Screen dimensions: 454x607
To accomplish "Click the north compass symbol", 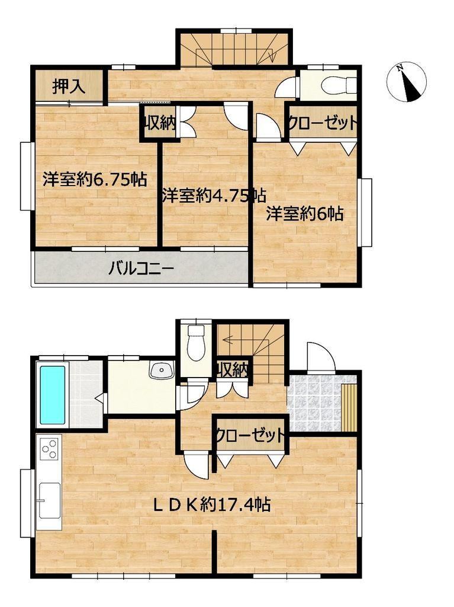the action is point(407,82).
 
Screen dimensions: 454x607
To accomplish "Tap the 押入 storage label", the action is point(69,86).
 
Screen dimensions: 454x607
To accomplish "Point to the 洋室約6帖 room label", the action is point(305,213).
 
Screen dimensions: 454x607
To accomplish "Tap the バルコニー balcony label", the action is point(141,269).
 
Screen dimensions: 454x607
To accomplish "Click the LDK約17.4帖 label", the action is point(212,505).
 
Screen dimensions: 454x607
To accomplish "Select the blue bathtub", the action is point(52,394).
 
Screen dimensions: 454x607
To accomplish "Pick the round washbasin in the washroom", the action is point(162,371).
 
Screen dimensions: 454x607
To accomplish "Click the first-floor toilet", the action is point(196,341).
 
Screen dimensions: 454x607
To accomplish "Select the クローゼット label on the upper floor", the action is point(321,123).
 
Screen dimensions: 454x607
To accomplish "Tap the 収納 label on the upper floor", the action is point(160,123).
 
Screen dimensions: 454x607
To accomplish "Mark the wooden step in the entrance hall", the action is point(349,407).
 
